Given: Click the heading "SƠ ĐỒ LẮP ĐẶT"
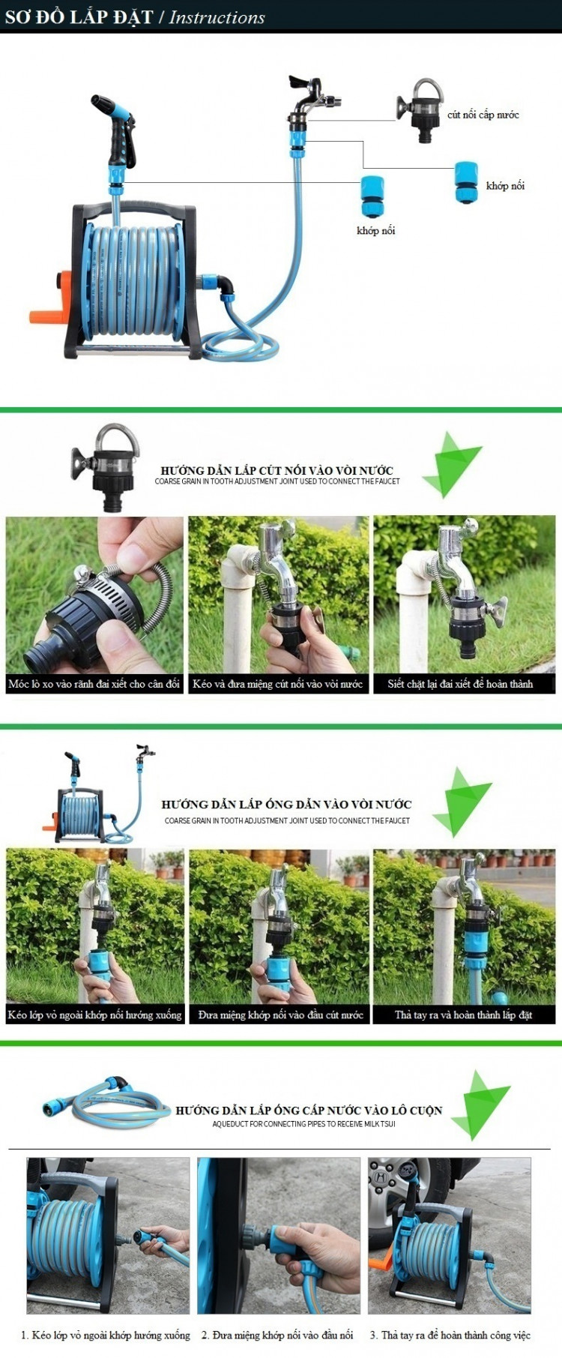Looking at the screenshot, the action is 79,16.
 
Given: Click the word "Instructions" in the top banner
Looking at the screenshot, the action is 217,17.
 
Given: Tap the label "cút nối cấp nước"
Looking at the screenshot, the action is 483,115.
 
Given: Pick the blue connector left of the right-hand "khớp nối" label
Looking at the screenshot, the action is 466,182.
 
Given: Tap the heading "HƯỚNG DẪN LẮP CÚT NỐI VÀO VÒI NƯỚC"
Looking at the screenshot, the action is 277,470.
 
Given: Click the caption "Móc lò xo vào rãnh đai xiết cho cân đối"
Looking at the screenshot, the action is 94,684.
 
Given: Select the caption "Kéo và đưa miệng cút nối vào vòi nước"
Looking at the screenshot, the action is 277,684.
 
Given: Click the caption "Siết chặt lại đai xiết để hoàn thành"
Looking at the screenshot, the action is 461,684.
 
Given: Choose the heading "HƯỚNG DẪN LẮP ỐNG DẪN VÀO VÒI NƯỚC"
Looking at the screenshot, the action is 286,805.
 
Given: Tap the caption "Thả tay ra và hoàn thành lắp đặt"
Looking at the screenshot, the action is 464,1015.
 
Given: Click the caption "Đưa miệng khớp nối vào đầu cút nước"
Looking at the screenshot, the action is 281,1015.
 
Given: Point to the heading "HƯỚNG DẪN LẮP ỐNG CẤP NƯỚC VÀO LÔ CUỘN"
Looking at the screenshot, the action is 309,1111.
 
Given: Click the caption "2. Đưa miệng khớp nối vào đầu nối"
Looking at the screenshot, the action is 277,1335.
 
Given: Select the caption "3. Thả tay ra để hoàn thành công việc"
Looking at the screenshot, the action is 450,1335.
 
